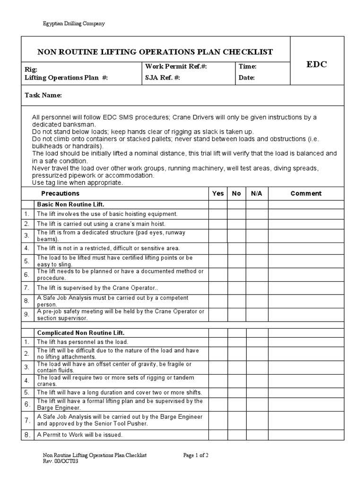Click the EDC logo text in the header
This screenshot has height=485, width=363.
[317, 65]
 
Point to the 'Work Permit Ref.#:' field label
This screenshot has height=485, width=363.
[176, 67]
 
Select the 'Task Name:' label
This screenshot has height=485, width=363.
[43, 95]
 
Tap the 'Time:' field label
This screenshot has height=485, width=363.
[248, 67]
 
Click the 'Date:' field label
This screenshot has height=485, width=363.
[247, 78]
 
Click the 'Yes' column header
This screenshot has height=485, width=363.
[218, 193]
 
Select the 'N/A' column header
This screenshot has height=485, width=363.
[257, 193]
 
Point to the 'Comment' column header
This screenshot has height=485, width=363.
[306, 193]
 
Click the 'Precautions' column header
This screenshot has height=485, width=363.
[60, 193]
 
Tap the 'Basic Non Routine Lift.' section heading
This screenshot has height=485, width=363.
[70, 204]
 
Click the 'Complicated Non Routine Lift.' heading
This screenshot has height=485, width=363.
[81, 333]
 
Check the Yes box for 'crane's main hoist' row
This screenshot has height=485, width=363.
[218, 224]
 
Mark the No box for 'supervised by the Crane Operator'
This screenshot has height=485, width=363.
[236, 287]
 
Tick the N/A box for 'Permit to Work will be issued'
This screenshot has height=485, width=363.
[257, 435]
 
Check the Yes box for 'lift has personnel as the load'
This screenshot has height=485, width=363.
[218, 341]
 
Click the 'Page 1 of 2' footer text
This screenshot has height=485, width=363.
[196, 455]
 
